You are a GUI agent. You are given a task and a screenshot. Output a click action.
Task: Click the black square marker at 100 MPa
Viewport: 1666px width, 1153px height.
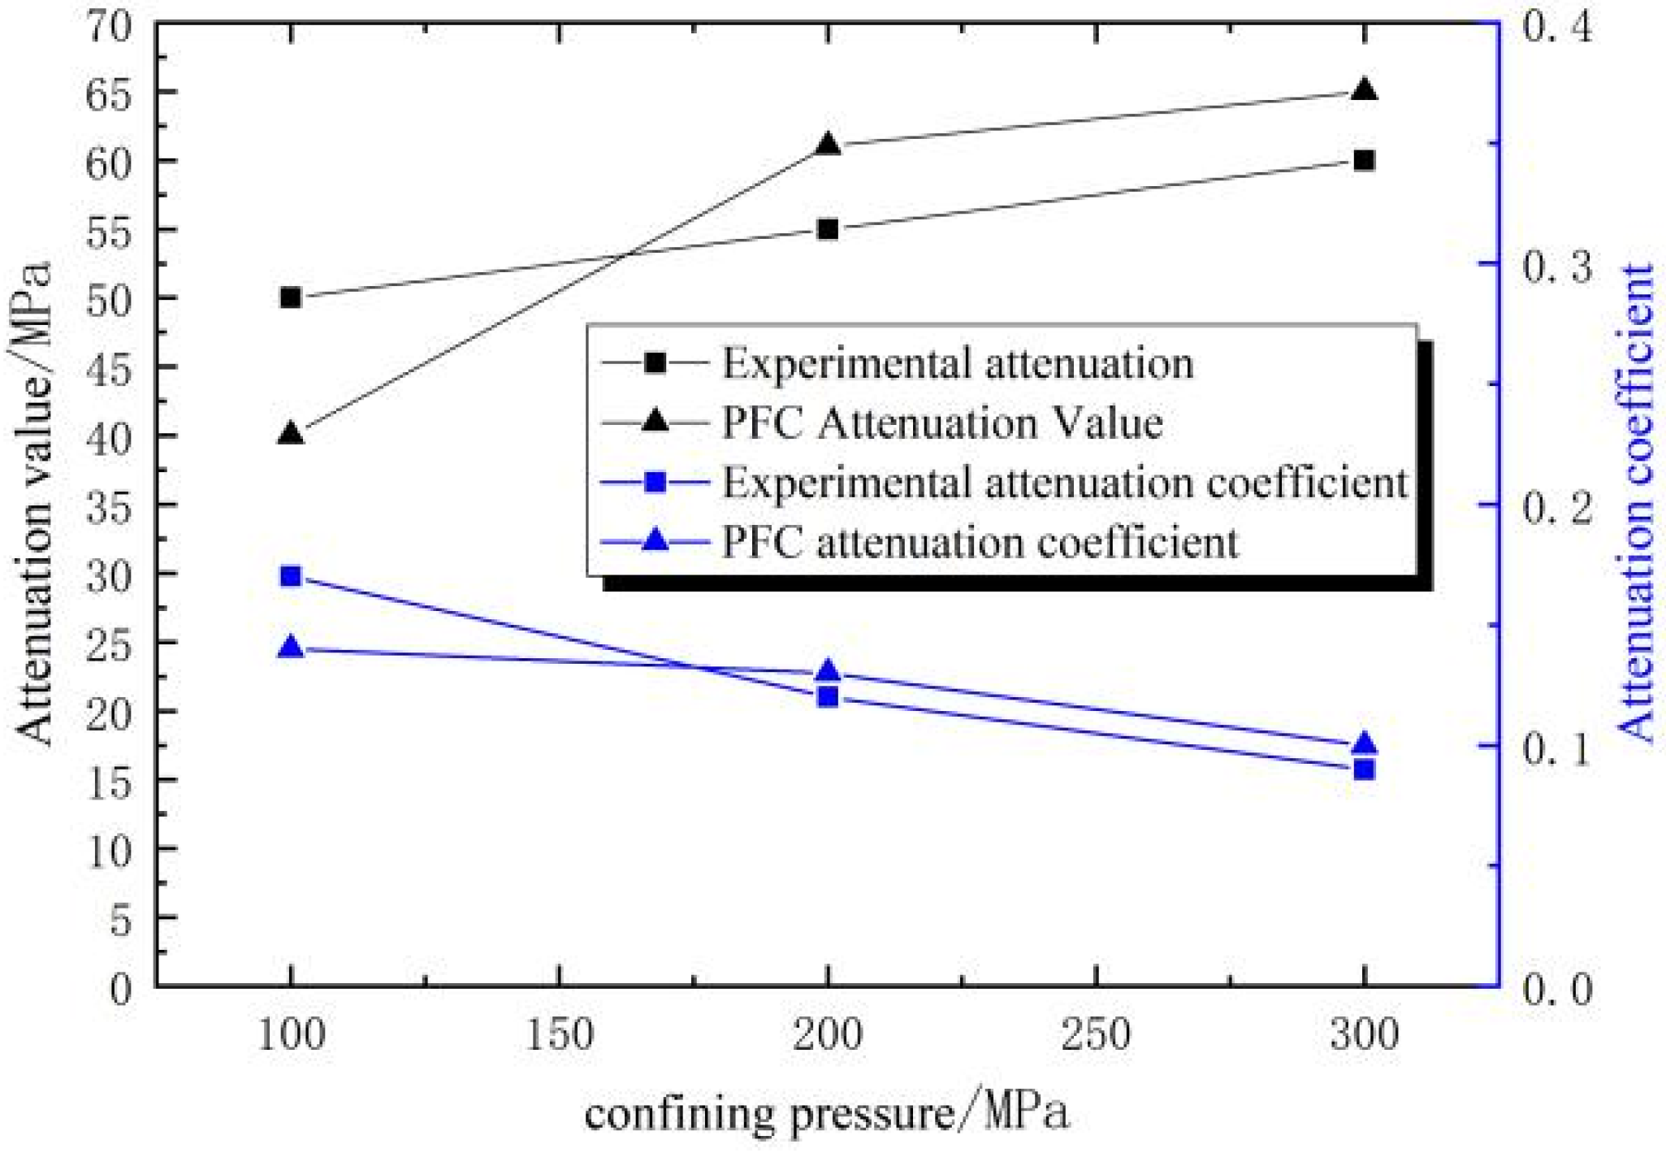[x=290, y=298]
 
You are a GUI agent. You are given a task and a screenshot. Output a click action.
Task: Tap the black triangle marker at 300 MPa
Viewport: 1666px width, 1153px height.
[x=1365, y=90]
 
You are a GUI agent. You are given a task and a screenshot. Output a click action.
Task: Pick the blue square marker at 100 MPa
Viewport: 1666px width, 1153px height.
[x=290, y=577]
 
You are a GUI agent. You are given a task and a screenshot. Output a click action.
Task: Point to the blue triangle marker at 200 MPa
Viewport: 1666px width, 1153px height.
[x=828, y=672]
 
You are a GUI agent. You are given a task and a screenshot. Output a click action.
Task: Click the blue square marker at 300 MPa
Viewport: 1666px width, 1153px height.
[x=1365, y=769]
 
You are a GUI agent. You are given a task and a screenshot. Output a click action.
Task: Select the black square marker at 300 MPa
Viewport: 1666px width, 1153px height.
[x=1365, y=160]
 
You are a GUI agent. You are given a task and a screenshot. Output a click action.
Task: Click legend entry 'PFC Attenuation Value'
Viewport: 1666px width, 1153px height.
[x=942, y=423]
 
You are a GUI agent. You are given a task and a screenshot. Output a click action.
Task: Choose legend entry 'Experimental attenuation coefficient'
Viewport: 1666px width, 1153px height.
[x=1064, y=483]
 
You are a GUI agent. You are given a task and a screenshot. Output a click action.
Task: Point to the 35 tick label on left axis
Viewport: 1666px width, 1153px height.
[x=109, y=505]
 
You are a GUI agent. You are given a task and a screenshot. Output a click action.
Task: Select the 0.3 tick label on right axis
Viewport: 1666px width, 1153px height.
[x=1556, y=265]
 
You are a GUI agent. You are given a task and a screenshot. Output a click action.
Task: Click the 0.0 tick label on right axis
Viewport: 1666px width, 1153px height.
[x=1556, y=988]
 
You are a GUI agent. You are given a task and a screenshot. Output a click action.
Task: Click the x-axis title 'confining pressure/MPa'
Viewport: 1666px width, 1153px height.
[x=826, y=1112]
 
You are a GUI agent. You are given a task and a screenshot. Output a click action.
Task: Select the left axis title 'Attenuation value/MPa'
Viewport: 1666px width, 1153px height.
[x=34, y=504]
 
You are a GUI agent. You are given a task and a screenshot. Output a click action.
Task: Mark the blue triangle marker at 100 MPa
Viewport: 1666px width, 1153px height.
[x=290, y=648]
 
